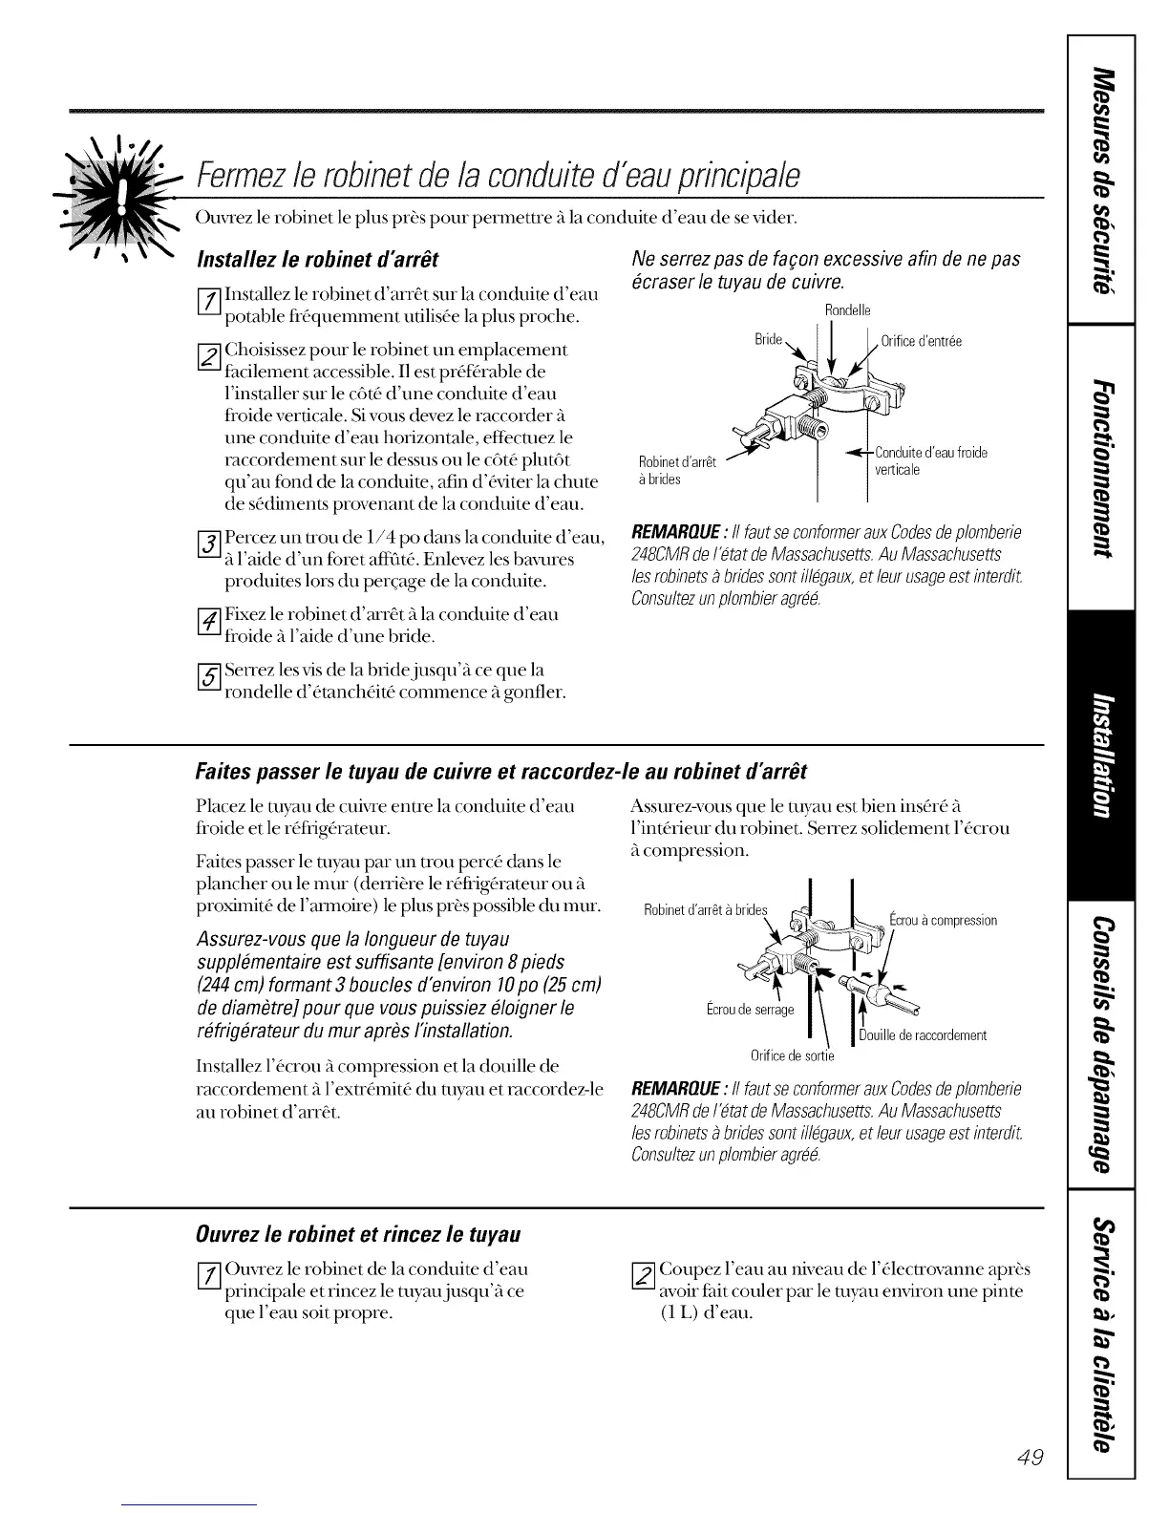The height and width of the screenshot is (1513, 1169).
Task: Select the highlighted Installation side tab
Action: pyautogui.click(x=1101, y=752)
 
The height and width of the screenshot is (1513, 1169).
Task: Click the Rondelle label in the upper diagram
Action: pyautogui.click(x=847, y=310)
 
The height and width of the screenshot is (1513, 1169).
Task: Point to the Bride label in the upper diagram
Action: pyautogui.click(x=768, y=339)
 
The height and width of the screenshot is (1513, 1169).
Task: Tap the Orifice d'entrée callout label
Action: pyautogui.click(x=921, y=340)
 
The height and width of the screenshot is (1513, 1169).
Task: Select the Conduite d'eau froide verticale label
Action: pyautogui.click(x=930, y=460)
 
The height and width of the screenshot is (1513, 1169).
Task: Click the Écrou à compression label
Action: pyautogui.click(x=943, y=920)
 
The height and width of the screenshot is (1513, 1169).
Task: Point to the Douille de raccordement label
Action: pyautogui.click(x=923, y=1035)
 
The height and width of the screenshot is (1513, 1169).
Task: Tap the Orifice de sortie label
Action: pyautogui.click(x=792, y=1055)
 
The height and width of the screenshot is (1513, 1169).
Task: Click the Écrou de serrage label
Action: pyautogui.click(x=750, y=1010)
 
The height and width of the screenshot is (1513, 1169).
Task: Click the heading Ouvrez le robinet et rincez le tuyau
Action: pyautogui.click(x=358, y=1234)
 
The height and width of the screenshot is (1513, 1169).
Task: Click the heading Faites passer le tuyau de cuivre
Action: pyautogui.click(x=501, y=771)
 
